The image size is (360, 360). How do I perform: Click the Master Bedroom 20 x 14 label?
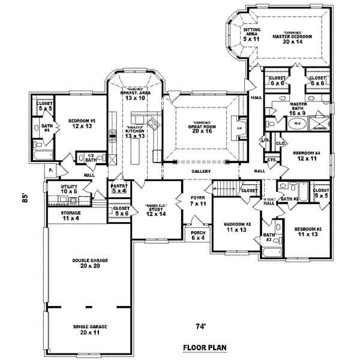pyautogui.click(x=290, y=38)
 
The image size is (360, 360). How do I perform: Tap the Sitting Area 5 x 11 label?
pyautogui.click(x=251, y=35)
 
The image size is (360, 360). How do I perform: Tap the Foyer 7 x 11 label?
pyautogui.click(x=198, y=200)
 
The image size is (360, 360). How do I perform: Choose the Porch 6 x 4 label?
pyautogui.click(x=197, y=235)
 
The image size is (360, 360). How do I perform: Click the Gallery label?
pyautogui.click(x=200, y=172)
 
